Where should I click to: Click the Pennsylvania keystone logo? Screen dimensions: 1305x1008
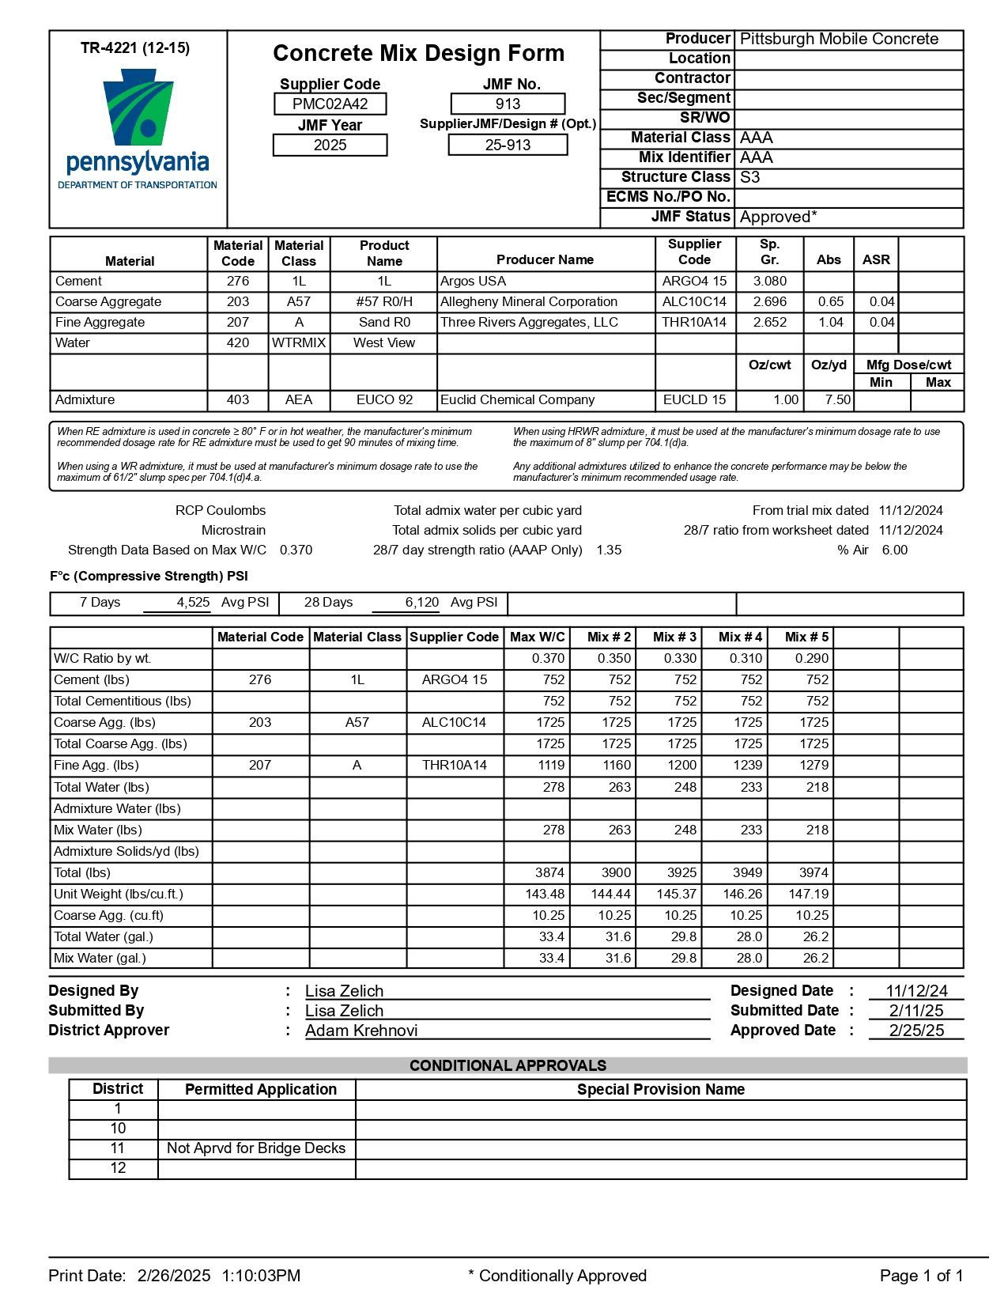click(x=138, y=108)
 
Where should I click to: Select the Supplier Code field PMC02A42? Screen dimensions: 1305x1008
click(x=330, y=104)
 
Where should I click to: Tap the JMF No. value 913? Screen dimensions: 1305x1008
click(x=508, y=104)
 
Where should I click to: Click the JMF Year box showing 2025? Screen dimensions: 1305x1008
click(x=330, y=145)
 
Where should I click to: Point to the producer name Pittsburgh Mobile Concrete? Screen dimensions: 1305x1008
click(x=839, y=39)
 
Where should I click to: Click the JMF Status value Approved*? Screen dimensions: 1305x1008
click(x=778, y=217)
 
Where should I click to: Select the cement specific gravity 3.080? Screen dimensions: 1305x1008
click(x=769, y=282)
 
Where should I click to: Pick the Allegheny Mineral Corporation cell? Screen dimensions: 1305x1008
click(x=528, y=302)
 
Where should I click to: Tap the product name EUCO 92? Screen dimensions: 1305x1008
click(x=384, y=400)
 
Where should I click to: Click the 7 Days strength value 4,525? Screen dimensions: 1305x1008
click(x=193, y=603)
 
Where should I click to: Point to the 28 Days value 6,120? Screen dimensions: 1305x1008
click(x=421, y=603)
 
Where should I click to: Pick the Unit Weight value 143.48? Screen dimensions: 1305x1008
click(x=545, y=895)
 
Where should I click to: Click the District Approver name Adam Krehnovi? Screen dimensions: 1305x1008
click(x=361, y=1031)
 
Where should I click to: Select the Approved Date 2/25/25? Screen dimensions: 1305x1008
click(x=916, y=1031)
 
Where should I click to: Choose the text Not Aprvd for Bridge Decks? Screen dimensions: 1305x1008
click(x=256, y=1148)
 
